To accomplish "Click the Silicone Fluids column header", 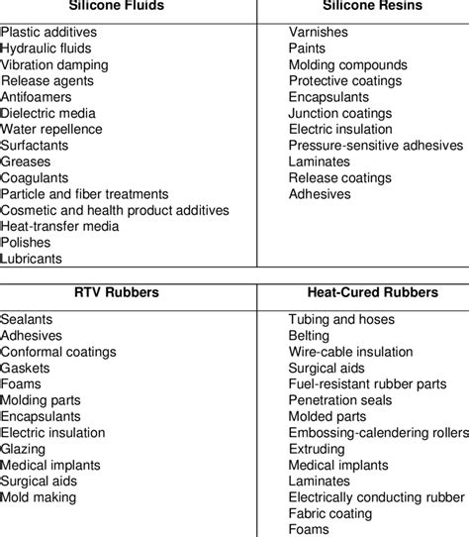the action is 124,5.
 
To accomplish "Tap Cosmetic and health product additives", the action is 115,210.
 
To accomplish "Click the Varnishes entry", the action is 319,32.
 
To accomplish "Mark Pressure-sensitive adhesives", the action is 375,146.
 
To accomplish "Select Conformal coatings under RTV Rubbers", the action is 58,352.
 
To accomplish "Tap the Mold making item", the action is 39,498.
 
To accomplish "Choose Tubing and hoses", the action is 341,320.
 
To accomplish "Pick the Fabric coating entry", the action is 330,514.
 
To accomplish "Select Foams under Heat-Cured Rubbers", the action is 309,530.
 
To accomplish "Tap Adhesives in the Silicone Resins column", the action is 320,194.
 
